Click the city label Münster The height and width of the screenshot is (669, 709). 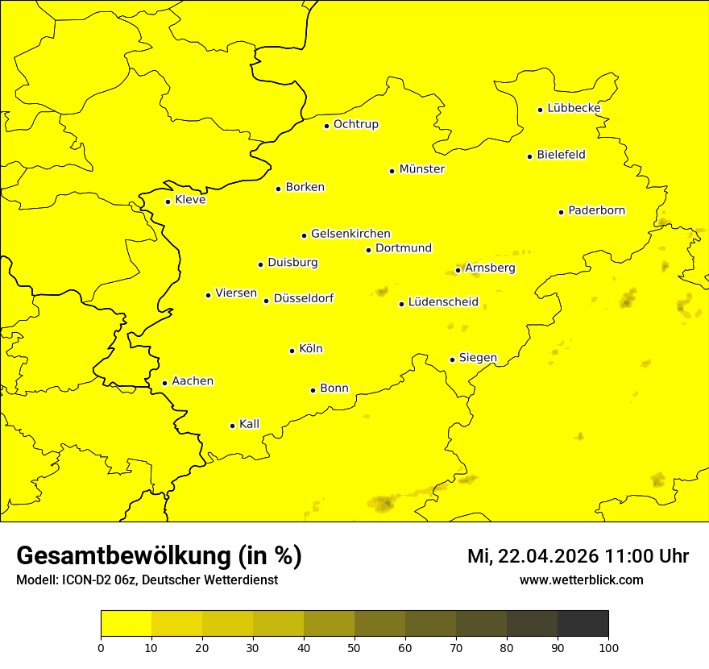(x=422, y=169)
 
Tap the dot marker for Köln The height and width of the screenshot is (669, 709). (x=292, y=351)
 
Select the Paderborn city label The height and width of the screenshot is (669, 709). (x=597, y=210)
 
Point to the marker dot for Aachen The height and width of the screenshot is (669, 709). (x=164, y=383)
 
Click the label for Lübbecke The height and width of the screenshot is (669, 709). (x=574, y=108)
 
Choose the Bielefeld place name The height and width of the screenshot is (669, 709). (x=561, y=154)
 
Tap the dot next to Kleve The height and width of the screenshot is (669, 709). (x=168, y=202)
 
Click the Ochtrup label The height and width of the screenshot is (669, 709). (x=356, y=124)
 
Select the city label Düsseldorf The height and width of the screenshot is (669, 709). (x=304, y=298)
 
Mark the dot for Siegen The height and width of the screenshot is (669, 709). (x=452, y=359)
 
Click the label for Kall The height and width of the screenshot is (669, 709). (x=250, y=424)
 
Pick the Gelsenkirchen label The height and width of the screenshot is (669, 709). (x=350, y=234)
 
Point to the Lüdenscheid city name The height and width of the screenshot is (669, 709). (x=443, y=302)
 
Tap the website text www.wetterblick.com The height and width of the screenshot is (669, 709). (x=582, y=580)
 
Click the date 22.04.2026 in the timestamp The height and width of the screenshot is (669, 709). (x=549, y=556)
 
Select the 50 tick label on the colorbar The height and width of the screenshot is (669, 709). (x=354, y=647)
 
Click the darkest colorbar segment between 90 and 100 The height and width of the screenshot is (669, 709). (x=583, y=623)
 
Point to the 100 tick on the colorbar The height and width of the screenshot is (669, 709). (x=608, y=647)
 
